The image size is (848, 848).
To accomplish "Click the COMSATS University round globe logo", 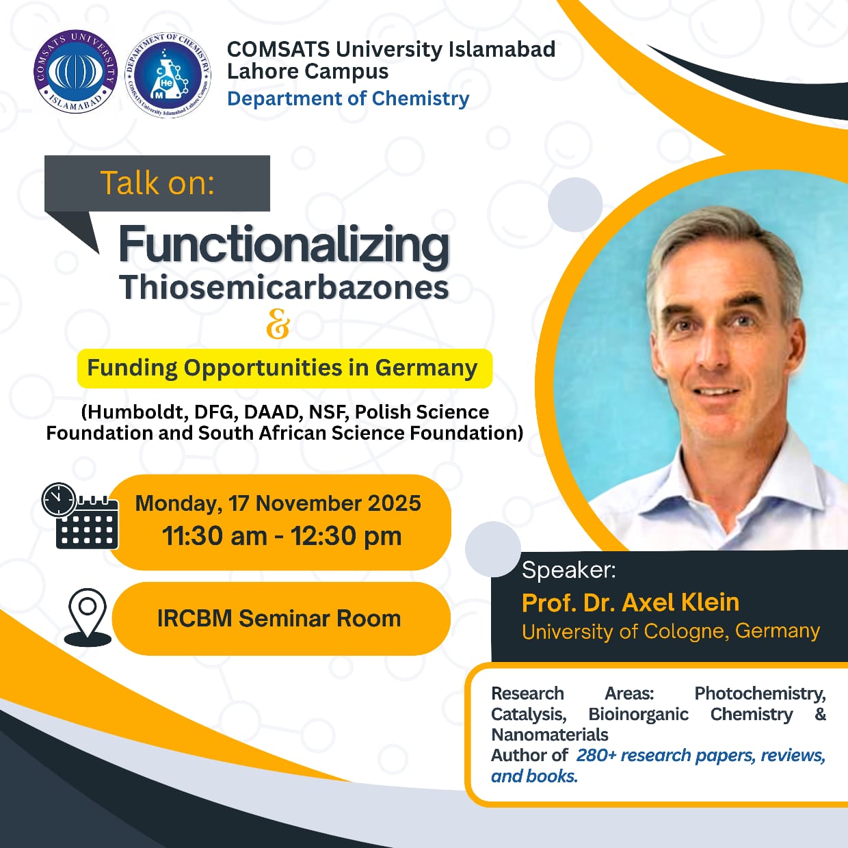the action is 76,72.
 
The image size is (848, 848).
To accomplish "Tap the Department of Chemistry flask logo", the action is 168,75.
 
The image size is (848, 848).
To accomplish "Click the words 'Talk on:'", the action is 157,183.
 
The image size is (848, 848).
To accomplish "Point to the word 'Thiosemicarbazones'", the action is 284,287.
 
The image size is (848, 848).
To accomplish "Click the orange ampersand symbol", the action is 278,323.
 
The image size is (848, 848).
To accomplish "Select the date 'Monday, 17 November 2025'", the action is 278,503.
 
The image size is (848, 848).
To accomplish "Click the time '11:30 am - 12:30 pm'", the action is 282,536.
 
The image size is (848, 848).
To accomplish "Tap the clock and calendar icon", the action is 79,516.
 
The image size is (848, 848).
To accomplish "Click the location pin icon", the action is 88,618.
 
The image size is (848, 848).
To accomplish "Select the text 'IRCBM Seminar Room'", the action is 279,618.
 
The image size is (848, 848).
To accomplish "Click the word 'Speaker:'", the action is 568,570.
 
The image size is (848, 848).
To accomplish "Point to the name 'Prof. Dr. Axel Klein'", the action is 630,602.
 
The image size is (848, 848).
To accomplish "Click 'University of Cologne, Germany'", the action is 671,631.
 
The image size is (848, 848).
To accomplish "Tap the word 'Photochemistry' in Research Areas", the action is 760,693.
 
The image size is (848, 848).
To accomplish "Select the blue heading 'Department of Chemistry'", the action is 348,98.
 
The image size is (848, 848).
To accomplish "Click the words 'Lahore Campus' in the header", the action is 308,71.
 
